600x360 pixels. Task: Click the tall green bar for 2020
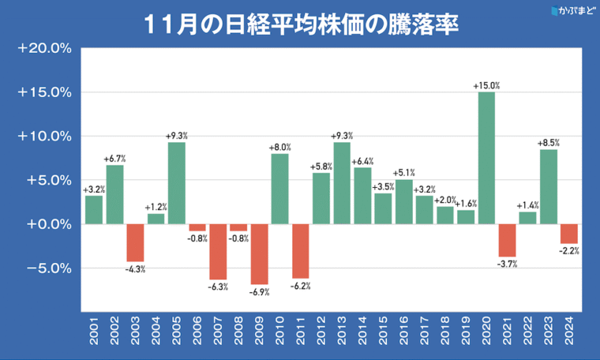486,158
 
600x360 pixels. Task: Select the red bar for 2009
259,253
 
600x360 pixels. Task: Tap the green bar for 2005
177,182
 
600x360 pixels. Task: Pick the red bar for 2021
507,240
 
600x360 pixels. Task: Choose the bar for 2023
548,186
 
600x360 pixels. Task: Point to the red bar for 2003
135,242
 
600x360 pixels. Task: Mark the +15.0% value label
486,85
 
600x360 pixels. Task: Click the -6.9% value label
259,291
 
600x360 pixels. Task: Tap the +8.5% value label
548,143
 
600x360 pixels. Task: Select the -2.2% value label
569,251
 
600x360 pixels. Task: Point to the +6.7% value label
115,159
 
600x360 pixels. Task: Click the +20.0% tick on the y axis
45,48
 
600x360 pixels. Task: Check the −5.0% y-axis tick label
45,268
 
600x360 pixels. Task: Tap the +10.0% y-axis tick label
45,136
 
